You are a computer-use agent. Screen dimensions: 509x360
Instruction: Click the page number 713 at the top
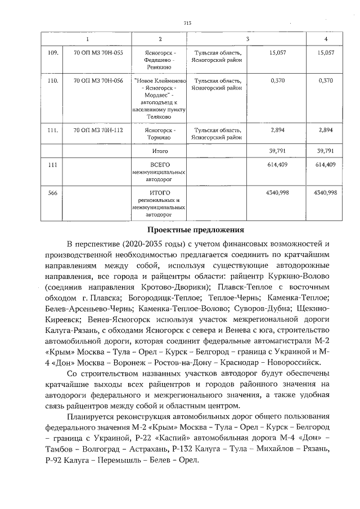tap(188, 22)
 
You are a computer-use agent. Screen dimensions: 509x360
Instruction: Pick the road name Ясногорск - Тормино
tap(160, 133)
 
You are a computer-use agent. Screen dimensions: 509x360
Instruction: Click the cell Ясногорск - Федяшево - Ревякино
tap(160, 58)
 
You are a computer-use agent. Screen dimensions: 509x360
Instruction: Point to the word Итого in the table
tap(160, 151)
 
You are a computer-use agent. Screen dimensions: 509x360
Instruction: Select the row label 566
tap(53, 193)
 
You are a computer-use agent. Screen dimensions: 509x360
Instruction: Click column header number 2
tap(160, 38)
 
